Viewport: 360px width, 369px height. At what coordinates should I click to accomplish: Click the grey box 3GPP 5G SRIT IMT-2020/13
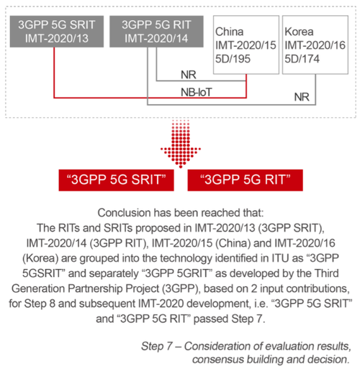[x=57, y=32]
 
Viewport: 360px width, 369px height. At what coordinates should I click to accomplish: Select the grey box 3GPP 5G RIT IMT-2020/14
[x=156, y=32]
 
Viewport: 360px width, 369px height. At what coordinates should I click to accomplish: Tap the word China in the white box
[x=229, y=32]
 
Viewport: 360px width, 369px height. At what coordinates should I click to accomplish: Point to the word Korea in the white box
[x=299, y=32]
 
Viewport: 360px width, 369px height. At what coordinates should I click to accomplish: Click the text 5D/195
[x=233, y=59]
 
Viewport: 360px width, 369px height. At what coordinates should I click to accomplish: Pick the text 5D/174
[x=302, y=59]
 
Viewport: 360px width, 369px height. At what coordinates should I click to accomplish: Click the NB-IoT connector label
[x=197, y=92]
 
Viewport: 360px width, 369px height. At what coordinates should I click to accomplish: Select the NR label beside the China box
[x=189, y=75]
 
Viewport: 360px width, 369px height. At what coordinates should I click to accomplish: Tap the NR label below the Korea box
[x=302, y=97]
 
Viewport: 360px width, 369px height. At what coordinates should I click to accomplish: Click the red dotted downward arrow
[x=181, y=143]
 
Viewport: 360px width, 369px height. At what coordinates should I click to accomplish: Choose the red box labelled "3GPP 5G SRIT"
[x=116, y=180]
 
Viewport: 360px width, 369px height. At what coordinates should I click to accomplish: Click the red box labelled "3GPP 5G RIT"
[x=245, y=180]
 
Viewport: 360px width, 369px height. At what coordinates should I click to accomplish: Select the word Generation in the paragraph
[x=38, y=288]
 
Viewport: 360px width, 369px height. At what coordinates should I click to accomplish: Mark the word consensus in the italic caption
[x=217, y=359]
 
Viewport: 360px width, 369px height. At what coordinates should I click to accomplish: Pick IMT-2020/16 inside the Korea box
[x=315, y=45]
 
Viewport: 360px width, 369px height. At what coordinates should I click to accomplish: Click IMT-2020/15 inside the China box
[x=246, y=45]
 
